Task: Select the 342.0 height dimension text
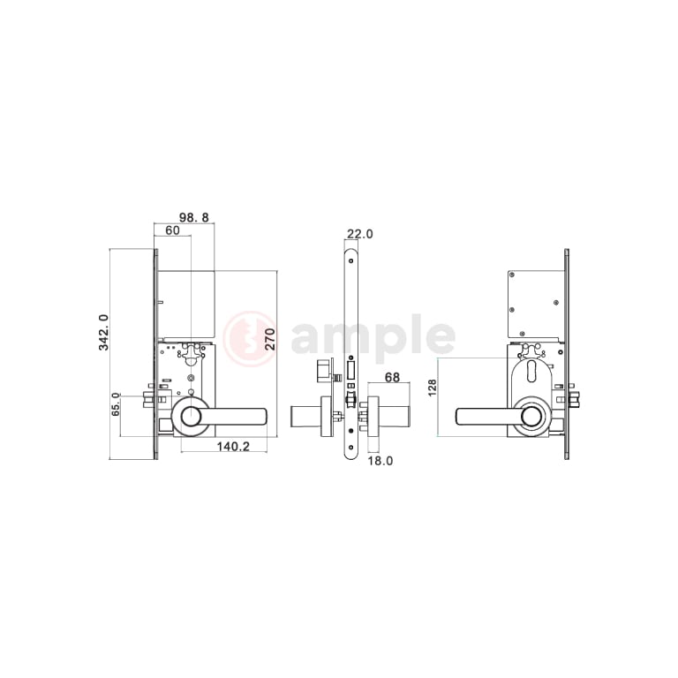click(104, 332)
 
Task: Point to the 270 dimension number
click(270, 336)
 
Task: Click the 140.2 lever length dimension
click(233, 447)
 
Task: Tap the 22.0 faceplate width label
click(359, 234)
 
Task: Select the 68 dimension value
click(392, 378)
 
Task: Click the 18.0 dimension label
click(381, 460)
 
